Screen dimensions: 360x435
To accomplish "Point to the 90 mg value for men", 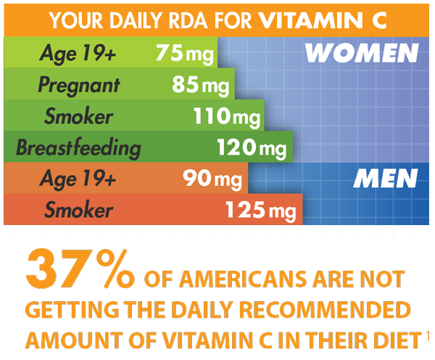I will (207, 179).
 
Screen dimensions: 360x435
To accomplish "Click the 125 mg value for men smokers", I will (260, 211).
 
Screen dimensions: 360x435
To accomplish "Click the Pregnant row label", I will (79, 86).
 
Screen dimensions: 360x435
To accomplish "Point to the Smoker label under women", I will (78, 116).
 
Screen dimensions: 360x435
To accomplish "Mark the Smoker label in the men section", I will (78, 211).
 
